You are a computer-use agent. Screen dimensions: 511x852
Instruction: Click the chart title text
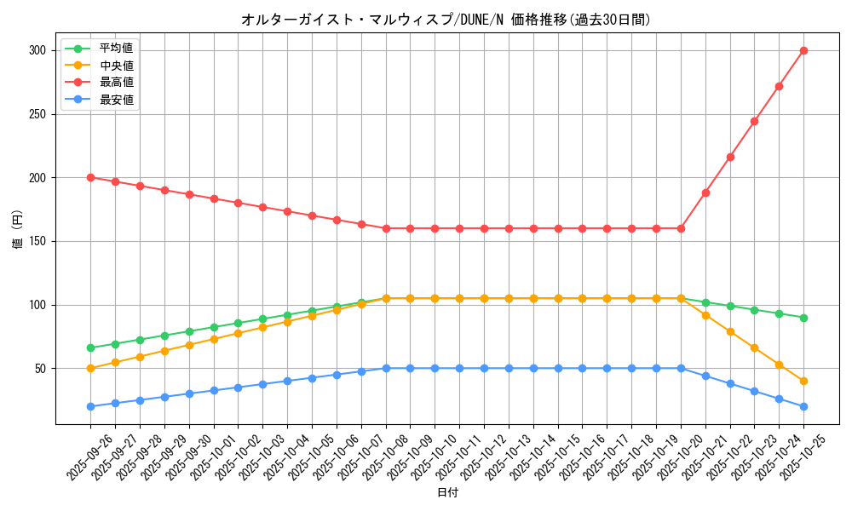tap(446, 20)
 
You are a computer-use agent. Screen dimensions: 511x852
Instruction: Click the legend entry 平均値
tap(117, 48)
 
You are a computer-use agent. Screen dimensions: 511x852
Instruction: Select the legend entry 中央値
tap(117, 65)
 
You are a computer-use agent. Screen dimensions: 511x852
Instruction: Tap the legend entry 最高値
tap(117, 82)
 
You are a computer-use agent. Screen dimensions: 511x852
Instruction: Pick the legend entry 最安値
tap(117, 100)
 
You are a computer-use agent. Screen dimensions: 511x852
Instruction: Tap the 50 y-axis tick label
tap(39, 369)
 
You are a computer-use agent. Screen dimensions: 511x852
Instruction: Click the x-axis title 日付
tap(446, 493)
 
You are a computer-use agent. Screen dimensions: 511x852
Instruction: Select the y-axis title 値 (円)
tap(17, 232)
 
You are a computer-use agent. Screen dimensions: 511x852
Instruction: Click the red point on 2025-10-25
tap(803, 50)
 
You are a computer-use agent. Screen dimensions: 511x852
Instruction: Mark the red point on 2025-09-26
tap(90, 177)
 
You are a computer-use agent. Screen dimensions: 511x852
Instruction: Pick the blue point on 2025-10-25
tap(803, 406)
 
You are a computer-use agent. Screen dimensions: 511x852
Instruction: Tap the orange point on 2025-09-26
tap(90, 368)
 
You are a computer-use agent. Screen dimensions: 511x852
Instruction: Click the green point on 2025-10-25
tap(803, 318)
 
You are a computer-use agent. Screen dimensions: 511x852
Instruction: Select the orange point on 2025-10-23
tap(754, 347)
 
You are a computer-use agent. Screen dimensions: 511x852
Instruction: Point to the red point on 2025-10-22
tap(730, 157)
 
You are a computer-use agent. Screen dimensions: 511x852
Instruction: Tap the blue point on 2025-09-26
tap(90, 406)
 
